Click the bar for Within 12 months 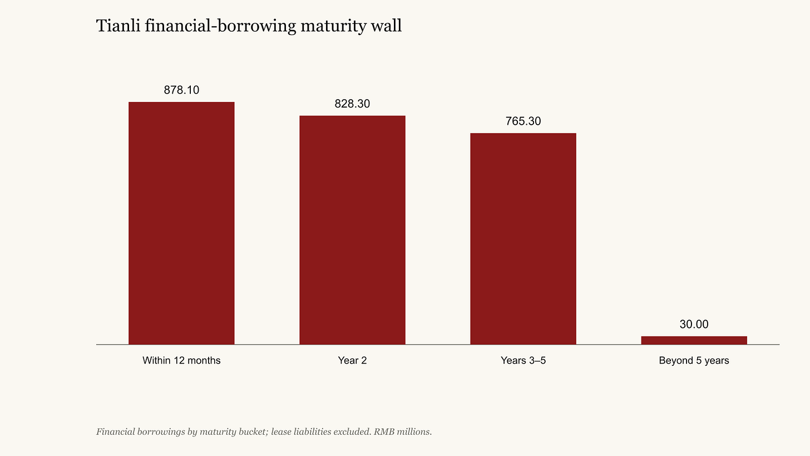click(x=181, y=223)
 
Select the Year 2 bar click(x=352, y=230)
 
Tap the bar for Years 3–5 click(x=523, y=238)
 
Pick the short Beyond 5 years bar click(x=694, y=340)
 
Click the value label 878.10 click(x=181, y=90)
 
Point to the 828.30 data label click(x=352, y=104)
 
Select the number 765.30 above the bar click(x=523, y=121)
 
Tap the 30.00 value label click(x=694, y=324)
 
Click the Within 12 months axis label click(x=181, y=360)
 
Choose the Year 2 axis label click(x=352, y=360)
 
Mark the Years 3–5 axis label click(x=523, y=360)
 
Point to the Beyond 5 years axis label click(x=694, y=360)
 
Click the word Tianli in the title click(x=118, y=26)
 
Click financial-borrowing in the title click(x=220, y=26)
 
